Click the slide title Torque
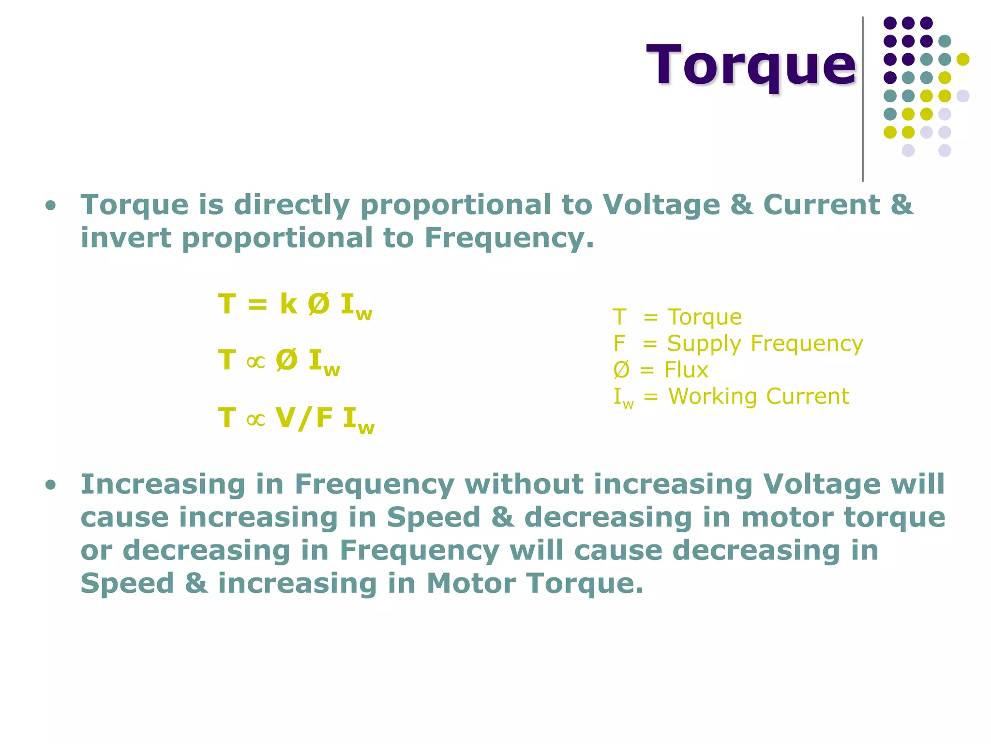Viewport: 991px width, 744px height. [x=751, y=65]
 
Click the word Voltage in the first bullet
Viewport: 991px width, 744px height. [x=661, y=204]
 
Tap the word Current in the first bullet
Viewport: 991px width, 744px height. [x=821, y=204]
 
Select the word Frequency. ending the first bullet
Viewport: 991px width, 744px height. [x=509, y=238]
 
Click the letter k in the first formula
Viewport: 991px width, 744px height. [x=288, y=304]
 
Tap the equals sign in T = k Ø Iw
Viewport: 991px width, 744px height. [x=257, y=305]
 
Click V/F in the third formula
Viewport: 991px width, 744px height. [x=304, y=418]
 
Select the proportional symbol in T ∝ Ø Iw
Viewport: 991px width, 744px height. [x=255, y=361]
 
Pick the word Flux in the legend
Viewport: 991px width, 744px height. [x=686, y=370]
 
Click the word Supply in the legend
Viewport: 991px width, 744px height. [x=704, y=344]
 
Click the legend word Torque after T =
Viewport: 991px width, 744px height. [x=705, y=317]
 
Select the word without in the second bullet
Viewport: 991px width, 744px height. [x=524, y=484]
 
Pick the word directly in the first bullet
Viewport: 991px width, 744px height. [x=291, y=204]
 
